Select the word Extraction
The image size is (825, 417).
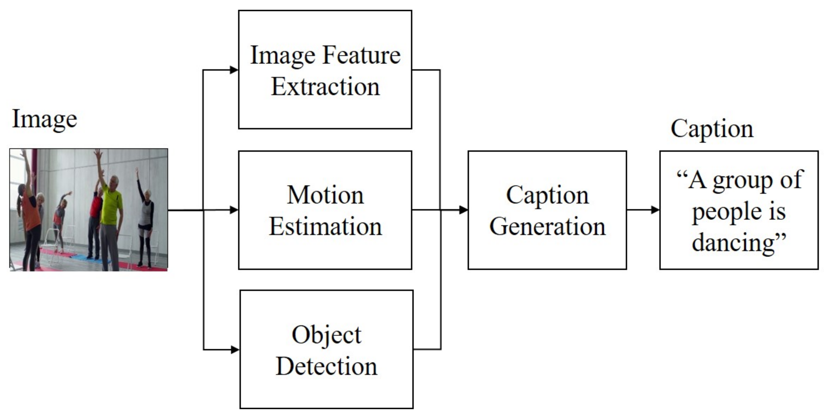[325, 87]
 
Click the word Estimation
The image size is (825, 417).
[325, 226]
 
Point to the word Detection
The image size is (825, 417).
[326, 366]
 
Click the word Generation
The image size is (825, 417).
[547, 226]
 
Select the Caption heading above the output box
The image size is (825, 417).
[712, 129]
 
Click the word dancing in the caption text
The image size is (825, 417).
[733, 242]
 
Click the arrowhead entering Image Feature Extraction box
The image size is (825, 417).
[234, 70]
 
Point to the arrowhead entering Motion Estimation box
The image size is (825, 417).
[234, 210]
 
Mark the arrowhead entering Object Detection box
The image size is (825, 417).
[235, 349]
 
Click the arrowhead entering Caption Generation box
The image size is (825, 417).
[463, 210]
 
